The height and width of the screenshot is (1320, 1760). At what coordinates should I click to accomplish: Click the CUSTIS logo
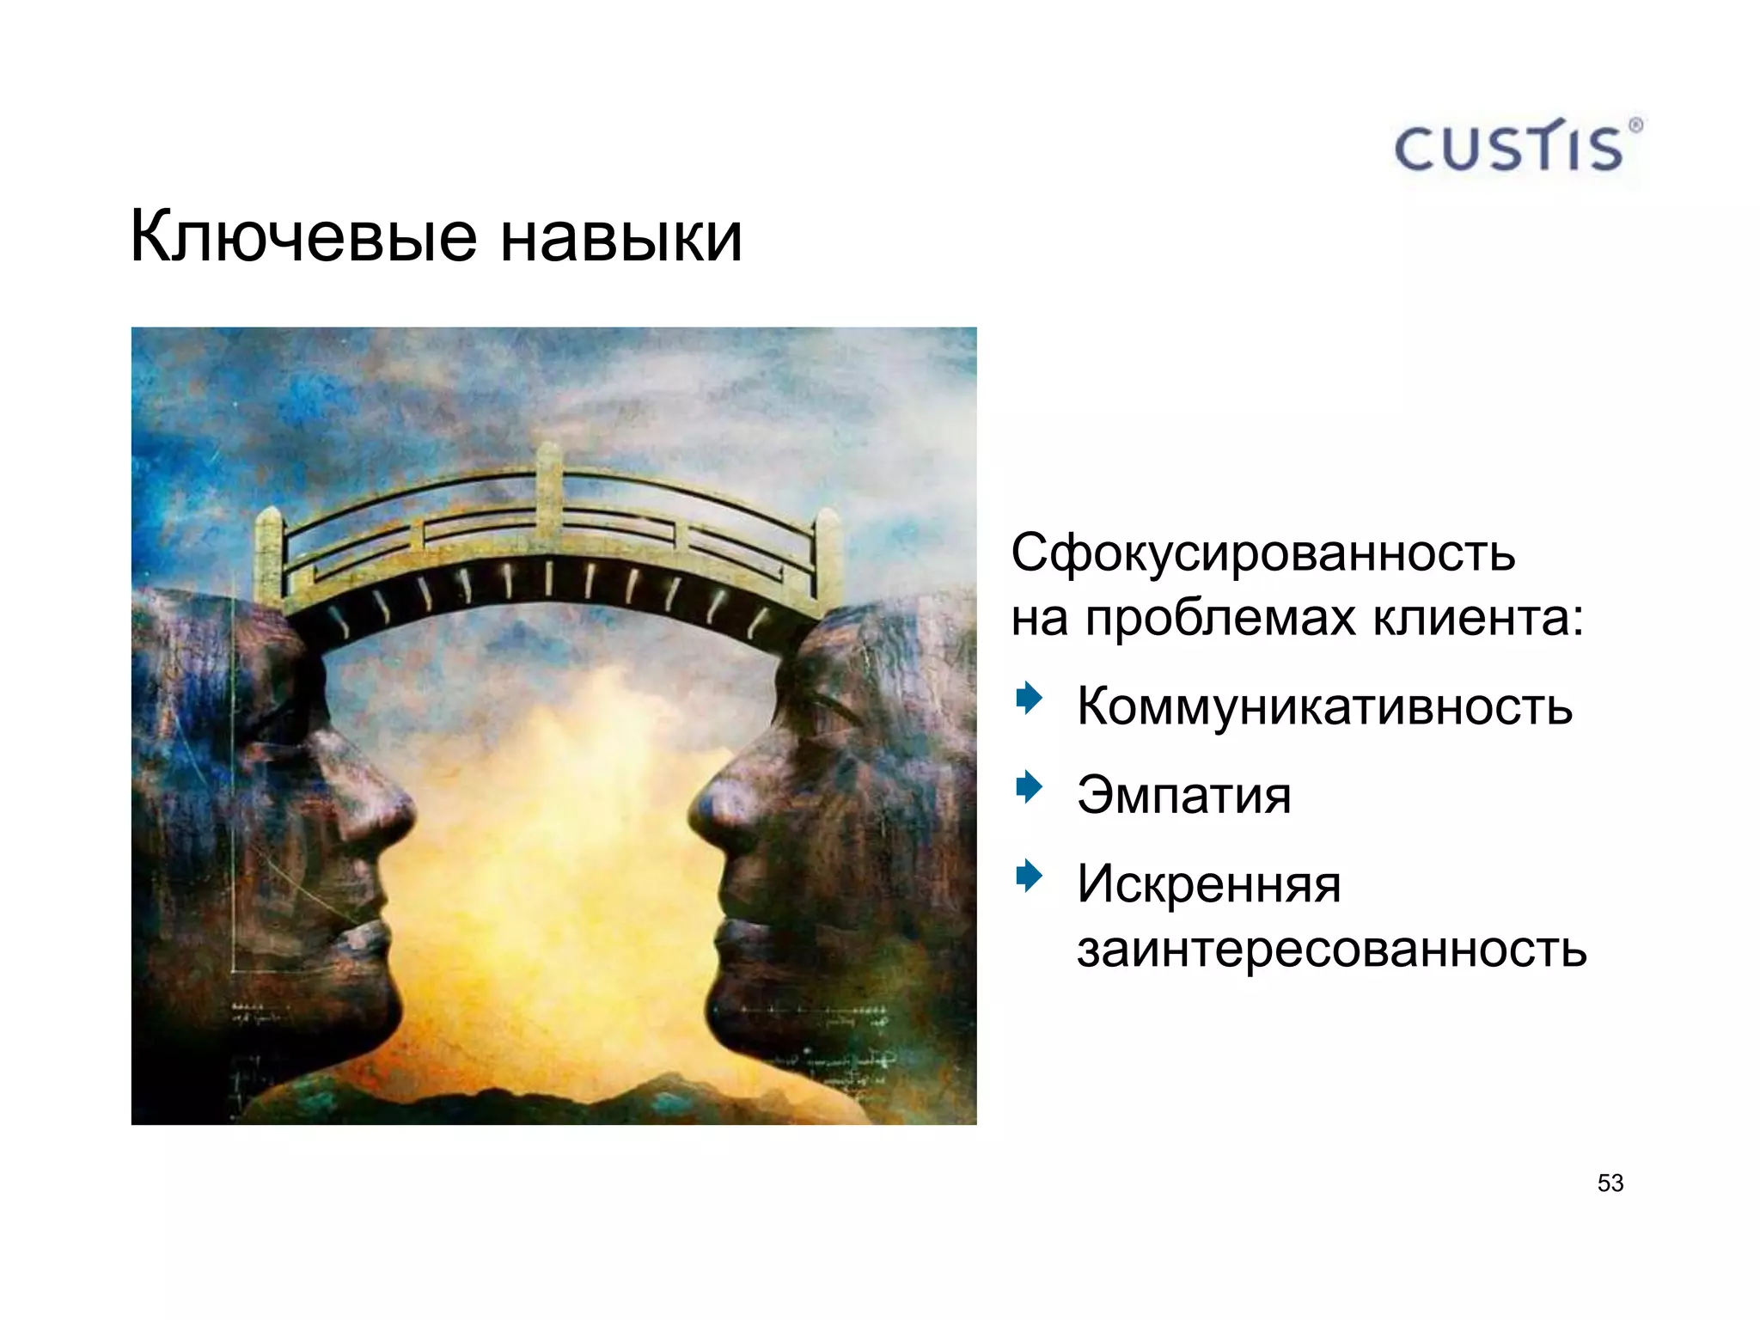coord(1509,148)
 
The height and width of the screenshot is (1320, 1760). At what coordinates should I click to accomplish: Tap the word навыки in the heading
coord(620,236)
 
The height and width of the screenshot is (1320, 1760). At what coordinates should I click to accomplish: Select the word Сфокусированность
coord(1262,553)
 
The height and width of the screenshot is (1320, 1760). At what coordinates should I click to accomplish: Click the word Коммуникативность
coord(1324,706)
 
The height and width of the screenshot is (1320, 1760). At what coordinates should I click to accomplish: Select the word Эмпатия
coord(1183,795)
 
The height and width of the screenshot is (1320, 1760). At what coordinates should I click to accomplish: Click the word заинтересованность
coord(1331,950)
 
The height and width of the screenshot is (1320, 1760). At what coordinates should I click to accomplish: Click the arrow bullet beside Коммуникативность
coord(1028,698)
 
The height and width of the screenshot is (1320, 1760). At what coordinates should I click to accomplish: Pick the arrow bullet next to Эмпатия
coord(1028,786)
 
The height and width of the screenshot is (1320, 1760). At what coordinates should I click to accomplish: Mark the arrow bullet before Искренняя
coord(1028,876)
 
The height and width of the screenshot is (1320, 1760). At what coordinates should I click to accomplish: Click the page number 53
coord(1610,1183)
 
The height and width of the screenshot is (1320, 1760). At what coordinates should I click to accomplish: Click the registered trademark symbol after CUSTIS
coord(1635,125)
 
